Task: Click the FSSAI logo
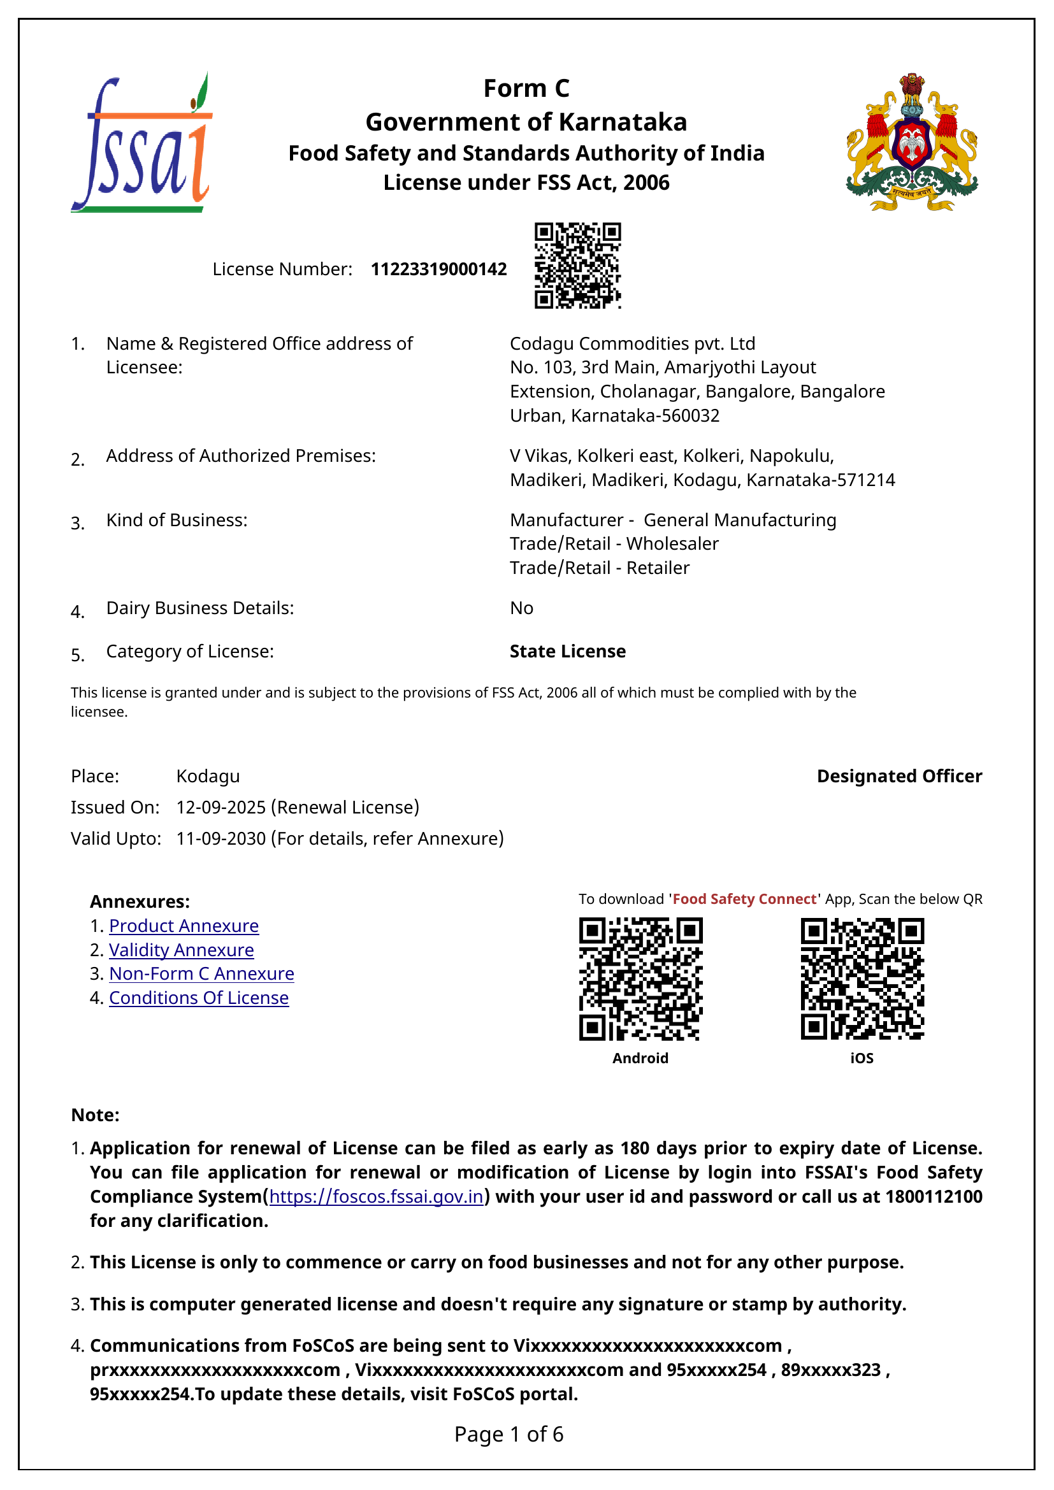(141, 143)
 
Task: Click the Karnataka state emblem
(911, 142)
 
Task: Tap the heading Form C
(526, 89)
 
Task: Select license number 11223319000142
(438, 269)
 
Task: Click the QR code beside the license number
(577, 266)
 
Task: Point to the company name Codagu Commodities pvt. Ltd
(632, 343)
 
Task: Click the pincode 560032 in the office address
(693, 415)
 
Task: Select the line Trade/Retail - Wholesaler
(614, 544)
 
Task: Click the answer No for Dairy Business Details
(521, 608)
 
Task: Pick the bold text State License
(567, 652)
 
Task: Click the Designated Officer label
(899, 776)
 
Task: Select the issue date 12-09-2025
(220, 807)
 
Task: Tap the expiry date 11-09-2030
(220, 838)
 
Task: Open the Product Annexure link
(184, 926)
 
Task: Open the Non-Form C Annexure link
(201, 974)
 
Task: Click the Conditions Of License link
(199, 998)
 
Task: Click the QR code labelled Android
(640, 978)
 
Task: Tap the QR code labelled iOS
(862, 978)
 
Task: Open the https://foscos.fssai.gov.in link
(377, 1197)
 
